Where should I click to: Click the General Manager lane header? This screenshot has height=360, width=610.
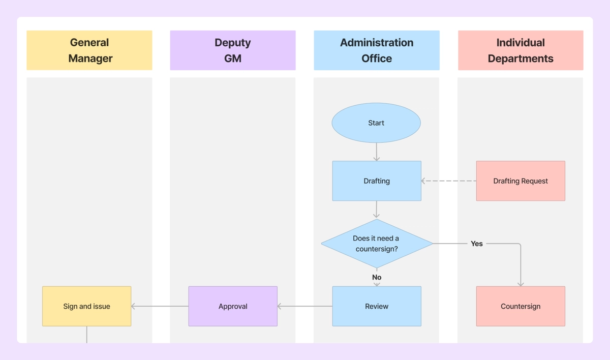tap(89, 50)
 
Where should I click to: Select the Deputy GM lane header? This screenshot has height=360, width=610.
tap(233, 50)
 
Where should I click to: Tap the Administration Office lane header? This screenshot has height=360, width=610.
tap(377, 50)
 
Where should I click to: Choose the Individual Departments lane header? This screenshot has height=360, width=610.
tap(521, 50)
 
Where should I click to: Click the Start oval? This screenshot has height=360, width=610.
tap(376, 123)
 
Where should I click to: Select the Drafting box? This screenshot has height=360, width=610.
tap(377, 181)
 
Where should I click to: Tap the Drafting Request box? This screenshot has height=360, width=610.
tap(521, 181)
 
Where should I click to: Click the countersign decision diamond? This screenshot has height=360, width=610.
tap(377, 244)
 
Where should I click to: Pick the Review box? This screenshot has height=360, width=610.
tap(377, 306)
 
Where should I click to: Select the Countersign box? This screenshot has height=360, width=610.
tap(521, 306)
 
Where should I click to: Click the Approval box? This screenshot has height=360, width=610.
tap(233, 306)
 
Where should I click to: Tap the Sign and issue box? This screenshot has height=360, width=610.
tap(86, 306)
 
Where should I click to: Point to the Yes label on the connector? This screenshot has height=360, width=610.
tap(477, 244)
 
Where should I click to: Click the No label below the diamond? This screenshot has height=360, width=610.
tap(377, 277)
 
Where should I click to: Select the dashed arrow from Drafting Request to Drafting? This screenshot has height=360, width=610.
tap(449, 181)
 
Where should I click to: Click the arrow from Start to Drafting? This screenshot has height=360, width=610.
tap(377, 152)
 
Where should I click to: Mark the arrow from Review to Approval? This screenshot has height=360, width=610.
tap(305, 306)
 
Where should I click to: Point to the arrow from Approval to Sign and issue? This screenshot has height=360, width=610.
tap(160, 306)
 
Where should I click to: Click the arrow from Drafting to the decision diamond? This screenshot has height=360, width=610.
tap(377, 209)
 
